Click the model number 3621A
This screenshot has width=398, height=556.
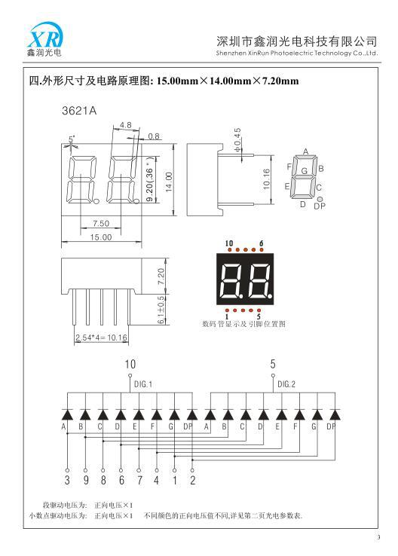pos(79,111)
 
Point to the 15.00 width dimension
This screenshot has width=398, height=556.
pos(101,237)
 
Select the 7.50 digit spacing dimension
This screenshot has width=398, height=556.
pos(101,224)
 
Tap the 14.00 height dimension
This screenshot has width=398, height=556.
pos(169,182)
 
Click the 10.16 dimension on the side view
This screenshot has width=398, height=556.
pos(267,179)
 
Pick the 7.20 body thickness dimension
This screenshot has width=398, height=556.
pos(161,276)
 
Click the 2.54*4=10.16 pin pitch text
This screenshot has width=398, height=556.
pos(101,338)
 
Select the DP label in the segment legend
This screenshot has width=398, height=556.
pos(320,206)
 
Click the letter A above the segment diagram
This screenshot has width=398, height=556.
pos(306,151)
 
